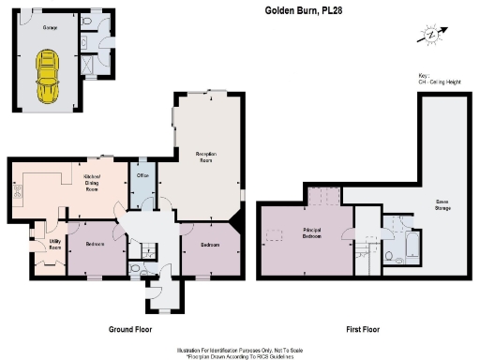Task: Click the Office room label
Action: coord(142,174)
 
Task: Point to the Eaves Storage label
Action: coord(440,204)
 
